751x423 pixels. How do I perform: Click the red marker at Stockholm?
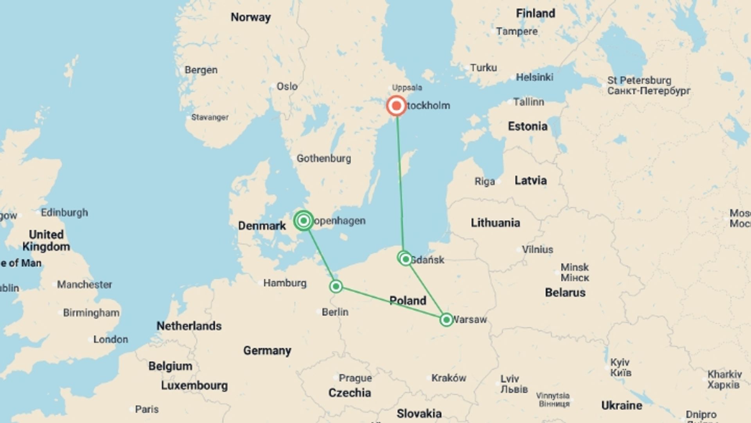click(396, 106)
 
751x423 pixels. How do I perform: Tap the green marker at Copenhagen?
click(304, 221)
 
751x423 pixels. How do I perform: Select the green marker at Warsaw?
click(446, 320)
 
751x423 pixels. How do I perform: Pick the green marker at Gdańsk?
click(406, 259)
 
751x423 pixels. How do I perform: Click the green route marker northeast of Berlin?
click(336, 287)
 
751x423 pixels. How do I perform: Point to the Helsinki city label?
click(534, 77)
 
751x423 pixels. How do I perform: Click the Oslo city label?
click(287, 86)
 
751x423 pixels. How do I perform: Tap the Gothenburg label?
click(323, 159)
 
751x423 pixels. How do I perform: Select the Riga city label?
click(485, 181)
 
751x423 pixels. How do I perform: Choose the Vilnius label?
click(537, 249)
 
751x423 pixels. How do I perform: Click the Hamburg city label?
click(285, 283)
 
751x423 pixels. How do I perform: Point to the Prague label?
click(355, 378)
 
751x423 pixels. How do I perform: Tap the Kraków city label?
click(449, 378)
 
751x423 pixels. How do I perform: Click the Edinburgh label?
click(65, 213)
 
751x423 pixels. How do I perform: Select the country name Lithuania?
click(495, 223)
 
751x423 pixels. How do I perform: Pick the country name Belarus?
click(565, 293)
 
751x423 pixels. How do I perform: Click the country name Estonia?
click(527, 126)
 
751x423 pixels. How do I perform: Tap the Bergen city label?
click(201, 70)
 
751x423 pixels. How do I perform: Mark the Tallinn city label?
click(528, 102)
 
